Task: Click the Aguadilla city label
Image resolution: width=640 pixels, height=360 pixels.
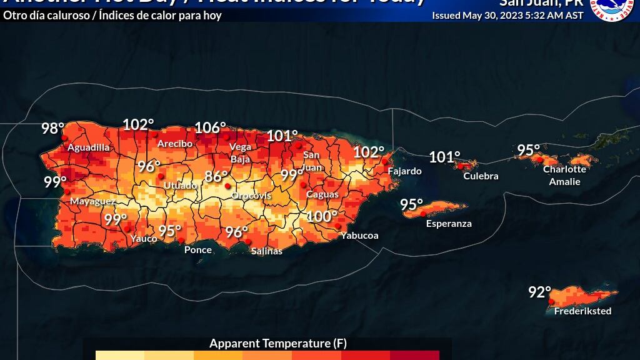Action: pyautogui.click(x=88, y=147)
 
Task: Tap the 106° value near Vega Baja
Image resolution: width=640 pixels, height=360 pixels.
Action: pyautogui.click(x=210, y=128)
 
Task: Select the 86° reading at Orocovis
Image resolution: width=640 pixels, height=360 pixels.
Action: pyautogui.click(x=216, y=176)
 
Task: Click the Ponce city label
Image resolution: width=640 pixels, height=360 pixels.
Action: pyautogui.click(x=197, y=250)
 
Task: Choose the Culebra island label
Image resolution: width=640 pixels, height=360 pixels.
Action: pyautogui.click(x=481, y=176)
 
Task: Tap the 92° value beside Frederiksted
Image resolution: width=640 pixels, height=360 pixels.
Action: pyautogui.click(x=539, y=292)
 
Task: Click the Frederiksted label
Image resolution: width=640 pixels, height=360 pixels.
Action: pyautogui.click(x=582, y=311)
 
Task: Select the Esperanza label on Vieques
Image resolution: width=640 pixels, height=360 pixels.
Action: pyautogui.click(x=449, y=224)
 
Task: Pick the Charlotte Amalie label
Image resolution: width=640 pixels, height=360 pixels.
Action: pyautogui.click(x=564, y=176)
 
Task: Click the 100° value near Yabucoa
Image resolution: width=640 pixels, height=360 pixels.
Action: pyautogui.click(x=322, y=217)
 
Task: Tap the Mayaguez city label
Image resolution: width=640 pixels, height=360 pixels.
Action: pyautogui.click(x=92, y=202)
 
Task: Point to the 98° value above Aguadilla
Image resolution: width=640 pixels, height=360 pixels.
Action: pyautogui.click(x=52, y=129)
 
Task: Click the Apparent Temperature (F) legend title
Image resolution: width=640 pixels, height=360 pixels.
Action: pyautogui.click(x=277, y=344)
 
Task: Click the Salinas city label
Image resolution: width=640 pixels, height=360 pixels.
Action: pyautogui.click(x=266, y=251)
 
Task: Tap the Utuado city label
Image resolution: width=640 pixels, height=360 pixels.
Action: pyautogui.click(x=180, y=186)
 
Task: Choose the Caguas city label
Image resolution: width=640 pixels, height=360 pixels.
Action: pyautogui.click(x=322, y=194)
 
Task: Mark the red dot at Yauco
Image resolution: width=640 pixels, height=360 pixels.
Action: pyautogui.click(x=128, y=229)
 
